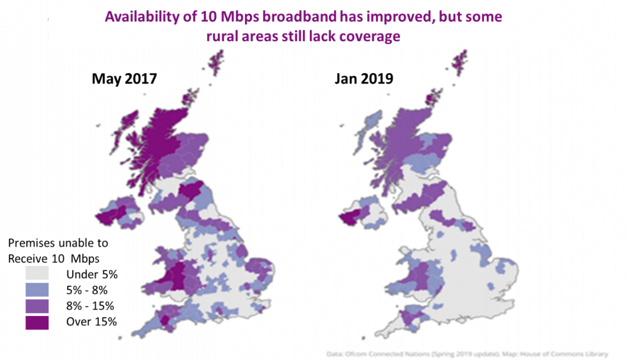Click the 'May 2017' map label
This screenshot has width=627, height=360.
click(x=124, y=79)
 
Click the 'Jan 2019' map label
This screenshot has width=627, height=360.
click(x=364, y=79)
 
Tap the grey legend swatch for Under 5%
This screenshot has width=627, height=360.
click(x=37, y=273)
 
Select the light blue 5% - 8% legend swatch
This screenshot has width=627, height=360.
click(x=37, y=289)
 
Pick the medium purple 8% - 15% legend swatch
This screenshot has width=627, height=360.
click(x=37, y=306)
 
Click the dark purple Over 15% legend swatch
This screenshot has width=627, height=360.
click(x=37, y=322)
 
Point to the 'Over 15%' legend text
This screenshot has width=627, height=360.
click(x=91, y=322)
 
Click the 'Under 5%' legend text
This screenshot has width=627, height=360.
click(x=92, y=274)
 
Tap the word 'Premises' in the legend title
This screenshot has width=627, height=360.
click(x=32, y=243)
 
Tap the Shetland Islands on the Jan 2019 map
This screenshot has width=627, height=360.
click(x=459, y=61)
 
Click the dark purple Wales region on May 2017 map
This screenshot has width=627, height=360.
click(x=178, y=274)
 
